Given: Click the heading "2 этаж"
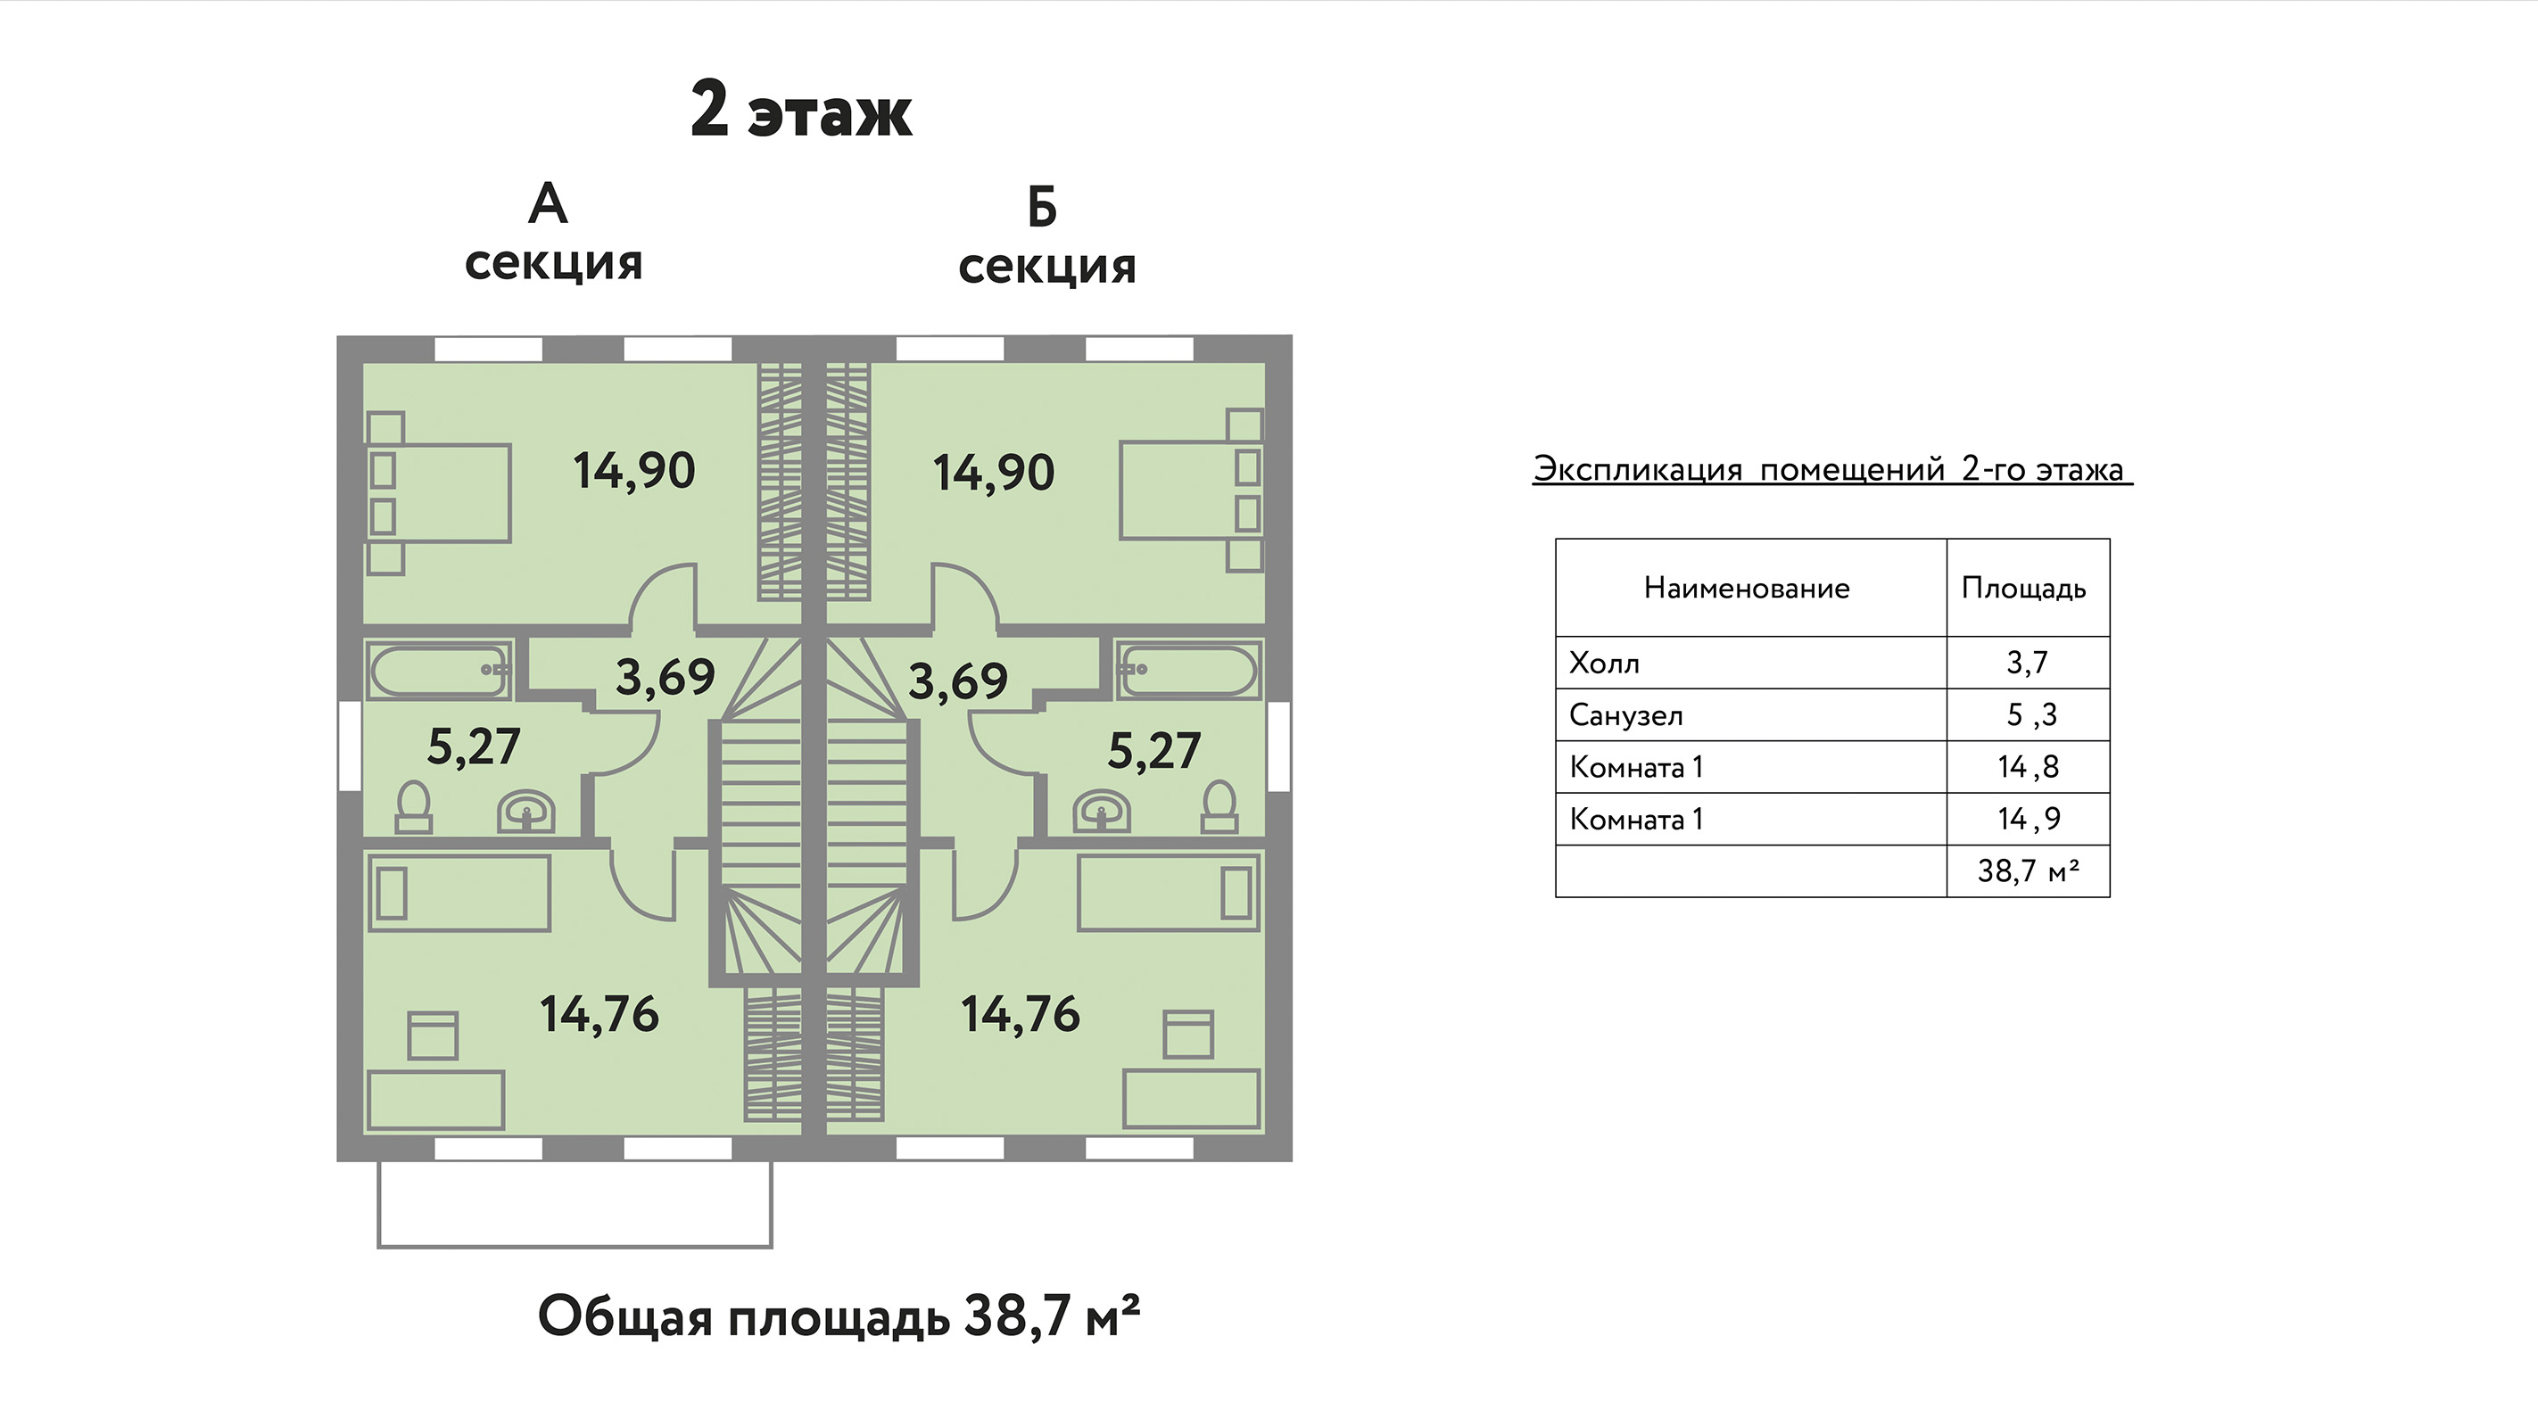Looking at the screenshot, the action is point(801,111).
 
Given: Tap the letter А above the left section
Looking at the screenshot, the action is point(548,204).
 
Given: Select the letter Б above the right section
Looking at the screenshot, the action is point(1041,208).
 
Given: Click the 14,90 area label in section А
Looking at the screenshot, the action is point(634,471).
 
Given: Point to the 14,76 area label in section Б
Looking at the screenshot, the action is point(1021,1014).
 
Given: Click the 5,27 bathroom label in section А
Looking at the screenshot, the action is point(473,747).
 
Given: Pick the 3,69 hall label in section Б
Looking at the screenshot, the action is point(958,681).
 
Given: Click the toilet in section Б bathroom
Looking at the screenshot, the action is point(1219,806).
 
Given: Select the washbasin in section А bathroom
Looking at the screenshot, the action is point(526,812).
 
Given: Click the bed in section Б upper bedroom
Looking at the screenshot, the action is point(1192,491).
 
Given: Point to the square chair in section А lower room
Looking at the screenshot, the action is point(433,1035).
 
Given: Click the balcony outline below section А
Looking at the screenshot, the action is point(575,1247).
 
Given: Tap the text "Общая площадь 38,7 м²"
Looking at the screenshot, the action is point(839,1316).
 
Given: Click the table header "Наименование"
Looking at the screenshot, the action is point(1747,588).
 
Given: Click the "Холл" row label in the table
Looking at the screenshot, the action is point(1604,663).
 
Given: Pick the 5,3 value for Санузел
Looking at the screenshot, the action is point(2031,714).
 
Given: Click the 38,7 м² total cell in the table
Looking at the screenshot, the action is point(2029,870).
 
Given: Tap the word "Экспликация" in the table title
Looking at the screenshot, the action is point(1638,470).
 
